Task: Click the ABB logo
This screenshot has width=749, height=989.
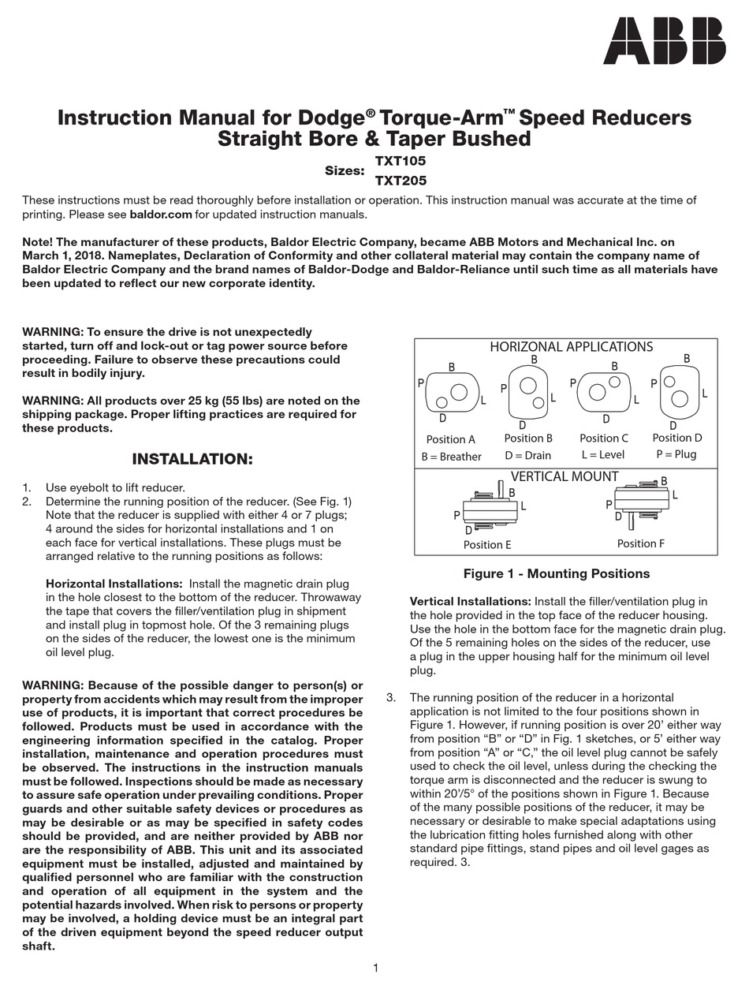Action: [664, 42]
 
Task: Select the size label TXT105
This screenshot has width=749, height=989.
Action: [400, 160]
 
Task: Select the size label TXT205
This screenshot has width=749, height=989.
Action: [400, 180]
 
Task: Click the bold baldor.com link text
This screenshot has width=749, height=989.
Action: [161, 214]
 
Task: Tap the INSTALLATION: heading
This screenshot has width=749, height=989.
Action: [192, 459]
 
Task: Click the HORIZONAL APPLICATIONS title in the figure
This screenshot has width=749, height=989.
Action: [571, 347]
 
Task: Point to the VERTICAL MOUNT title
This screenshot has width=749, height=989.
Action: [565, 476]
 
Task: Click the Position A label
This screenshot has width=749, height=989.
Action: [450, 439]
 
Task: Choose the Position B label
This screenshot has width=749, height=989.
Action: [528, 438]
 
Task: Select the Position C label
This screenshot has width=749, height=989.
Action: [604, 438]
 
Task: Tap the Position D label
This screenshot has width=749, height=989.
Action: [677, 438]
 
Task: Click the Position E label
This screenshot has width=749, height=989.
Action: [486, 544]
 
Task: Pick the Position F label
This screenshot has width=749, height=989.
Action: [640, 543]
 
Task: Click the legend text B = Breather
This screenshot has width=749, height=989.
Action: [451, 457]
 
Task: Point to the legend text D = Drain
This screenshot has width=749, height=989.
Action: [528, 455]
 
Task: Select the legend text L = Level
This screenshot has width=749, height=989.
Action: [604, 455]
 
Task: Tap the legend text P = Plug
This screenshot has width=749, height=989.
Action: [676, 454]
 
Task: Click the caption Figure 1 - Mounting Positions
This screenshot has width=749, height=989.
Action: [556, 573]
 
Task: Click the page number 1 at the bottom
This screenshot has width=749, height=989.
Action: [375, 968]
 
